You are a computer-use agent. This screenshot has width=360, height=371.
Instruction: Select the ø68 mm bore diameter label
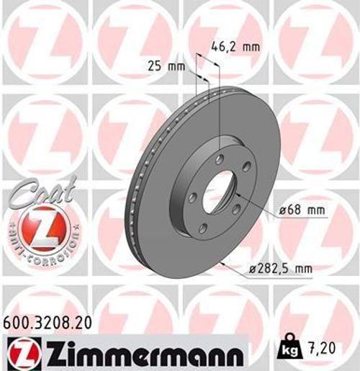pos(302,210)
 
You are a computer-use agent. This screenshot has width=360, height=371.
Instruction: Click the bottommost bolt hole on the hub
pos(203,229)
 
